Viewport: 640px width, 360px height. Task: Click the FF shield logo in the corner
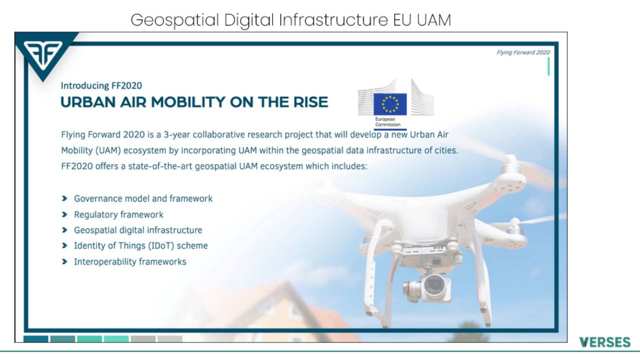pos(43,55)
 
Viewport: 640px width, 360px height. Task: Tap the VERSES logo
pos(605,342)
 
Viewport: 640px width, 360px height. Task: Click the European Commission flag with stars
pos(390,104)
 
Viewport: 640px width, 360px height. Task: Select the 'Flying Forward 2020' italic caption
pos(523,52)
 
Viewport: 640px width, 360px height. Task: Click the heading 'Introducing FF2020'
pos(101,85)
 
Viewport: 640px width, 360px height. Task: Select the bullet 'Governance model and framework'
pos(143,198)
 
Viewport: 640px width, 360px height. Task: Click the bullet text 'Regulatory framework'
pos(118,214)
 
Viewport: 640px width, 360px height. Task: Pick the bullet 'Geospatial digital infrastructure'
pos(138,230)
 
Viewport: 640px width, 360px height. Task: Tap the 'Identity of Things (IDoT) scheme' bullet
pos(141,245)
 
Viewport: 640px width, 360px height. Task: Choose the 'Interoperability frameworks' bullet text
pos(130,261)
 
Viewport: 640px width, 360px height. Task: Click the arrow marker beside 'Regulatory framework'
pos(64,214)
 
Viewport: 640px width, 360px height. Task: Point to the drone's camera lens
pos(434,285)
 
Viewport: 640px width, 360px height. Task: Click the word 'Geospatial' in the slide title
pos(175,20)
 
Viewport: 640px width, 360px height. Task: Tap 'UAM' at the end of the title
pos(433,20)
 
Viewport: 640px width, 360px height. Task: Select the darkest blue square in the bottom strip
pos(35,339)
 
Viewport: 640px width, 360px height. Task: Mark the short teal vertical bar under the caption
pos(548,66)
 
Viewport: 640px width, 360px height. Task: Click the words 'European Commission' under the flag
pos(387,121)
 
